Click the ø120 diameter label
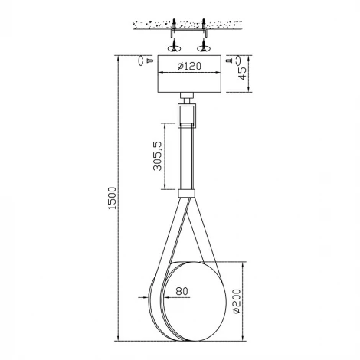pyautogui.click(x=189, y=66)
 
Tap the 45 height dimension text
pyautogui.click(x=243, y=74)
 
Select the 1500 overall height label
pyautogui.click(x=112, y=198)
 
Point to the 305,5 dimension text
pyautogui.click(x=158, y=155)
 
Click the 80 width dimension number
pyautogui.click(x=182, y=291)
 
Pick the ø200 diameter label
pyautogui.click(x=237, y=301)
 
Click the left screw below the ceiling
pyautogui.click(x=174, y=45)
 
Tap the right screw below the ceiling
pyautogui.click(x=204, y=45)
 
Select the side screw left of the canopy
pyautogui.click(x=150, y=61)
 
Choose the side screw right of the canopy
pyautogui.click(x=229, y=61)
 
